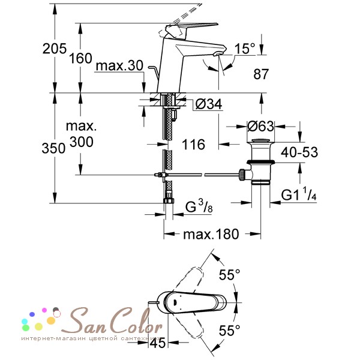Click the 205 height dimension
tap(55, 49)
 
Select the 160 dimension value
tap(80, 58)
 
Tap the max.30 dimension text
tap(119, 65)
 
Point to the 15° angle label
tap(245, 49)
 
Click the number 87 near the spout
tap(261, 74)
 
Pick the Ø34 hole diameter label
tap(209, 104)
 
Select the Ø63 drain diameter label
tap(261, 126)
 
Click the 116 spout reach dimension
tap(193, 145)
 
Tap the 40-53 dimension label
tap(299, 152)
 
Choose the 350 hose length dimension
tap(53, 148)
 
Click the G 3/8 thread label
tap(199, 206)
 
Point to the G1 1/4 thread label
tap(299, 194)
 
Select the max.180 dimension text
tap(211, 235)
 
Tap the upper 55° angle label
tap(229, 274)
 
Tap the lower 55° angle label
tap(229, 331)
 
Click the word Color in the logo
tap(136, 320)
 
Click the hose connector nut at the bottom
tap(169, 200)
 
